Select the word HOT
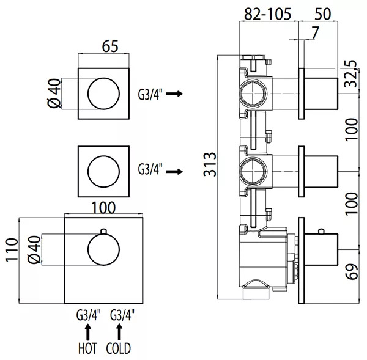[86, 350]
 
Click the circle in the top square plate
[104, 95]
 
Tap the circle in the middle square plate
[104, 172]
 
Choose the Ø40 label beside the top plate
[54, 95]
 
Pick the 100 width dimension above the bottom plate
[104, 207]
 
